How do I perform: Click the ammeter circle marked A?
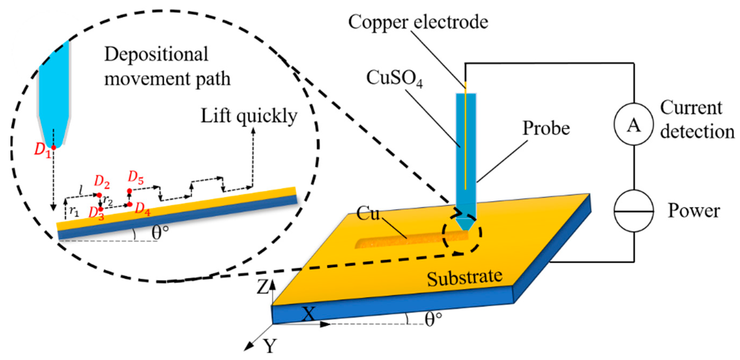click(x=633, y=124)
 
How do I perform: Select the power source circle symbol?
click(x=633, y=211)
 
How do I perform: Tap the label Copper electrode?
click(x=418, y=22)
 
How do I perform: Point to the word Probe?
click(x=546, y=128)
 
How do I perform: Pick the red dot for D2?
click(x=99, y=195)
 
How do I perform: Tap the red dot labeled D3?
click(x=100, y=209)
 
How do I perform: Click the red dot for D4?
click(x=130, y=204)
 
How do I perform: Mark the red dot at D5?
click(x=130, y=191)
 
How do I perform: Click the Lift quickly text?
click(x=249, y=116)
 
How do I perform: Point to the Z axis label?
click(x=262, y=287)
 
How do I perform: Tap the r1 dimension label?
click(x=74, y=212)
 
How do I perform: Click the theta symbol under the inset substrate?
click(x=159, y=232)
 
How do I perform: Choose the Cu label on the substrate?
click(x=368, y=214)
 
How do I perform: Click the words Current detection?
click(x=697, y=120)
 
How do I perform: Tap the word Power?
click(x=694, y=211)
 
